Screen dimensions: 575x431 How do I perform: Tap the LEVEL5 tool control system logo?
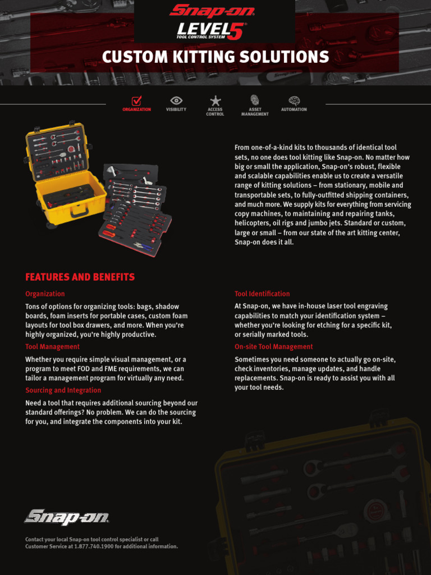212,30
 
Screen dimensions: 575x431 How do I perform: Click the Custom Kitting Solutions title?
215,57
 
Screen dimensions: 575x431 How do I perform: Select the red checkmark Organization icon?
136,101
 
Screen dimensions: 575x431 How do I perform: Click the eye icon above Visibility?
176,101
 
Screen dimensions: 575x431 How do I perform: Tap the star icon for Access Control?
215,101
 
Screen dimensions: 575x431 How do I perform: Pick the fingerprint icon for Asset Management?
255,100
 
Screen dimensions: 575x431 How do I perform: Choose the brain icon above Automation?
294,101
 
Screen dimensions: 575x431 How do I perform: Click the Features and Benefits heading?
80,277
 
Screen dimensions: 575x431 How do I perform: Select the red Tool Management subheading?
52,346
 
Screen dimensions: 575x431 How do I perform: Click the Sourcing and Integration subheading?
63,390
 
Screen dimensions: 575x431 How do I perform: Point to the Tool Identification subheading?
262,294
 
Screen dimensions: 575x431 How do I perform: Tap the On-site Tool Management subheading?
273,346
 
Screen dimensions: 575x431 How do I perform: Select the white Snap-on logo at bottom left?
66,517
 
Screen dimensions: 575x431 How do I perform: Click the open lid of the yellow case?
57,151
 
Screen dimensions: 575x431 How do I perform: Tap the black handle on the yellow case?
79,210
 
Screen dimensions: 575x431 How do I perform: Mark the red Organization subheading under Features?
45,294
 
